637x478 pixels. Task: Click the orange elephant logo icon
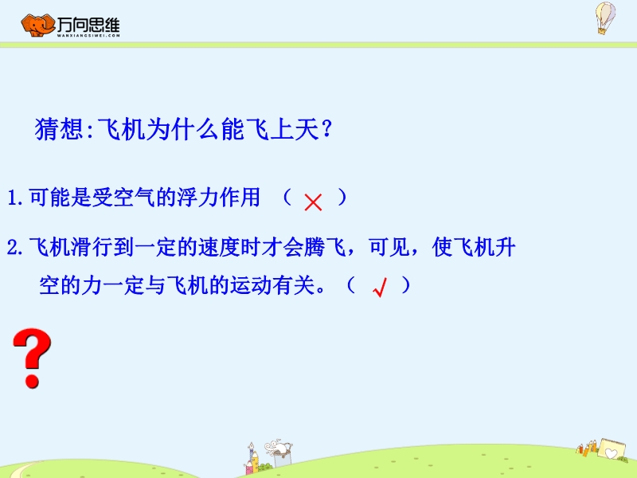pyautogui.click(x=37, y=25)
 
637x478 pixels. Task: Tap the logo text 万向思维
pyautogui.click(x=88, y=25)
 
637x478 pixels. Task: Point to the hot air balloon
pyautogui.click(x=605, y=18)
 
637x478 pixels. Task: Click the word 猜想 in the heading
pyautogui.click(x=59, y=129)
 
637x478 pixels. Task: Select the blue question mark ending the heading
pyautogui.click(x=327, y=129)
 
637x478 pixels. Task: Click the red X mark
pyautogui.click(x=313, y=202)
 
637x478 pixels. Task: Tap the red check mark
pyautogui.click(x=380, y=288)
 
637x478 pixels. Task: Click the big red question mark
pyautogui.click(x=32, y=358)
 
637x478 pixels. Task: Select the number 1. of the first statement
pyautogui.click(x=15, y=198)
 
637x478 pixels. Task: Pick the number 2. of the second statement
pyautogui.click(x=15, y=247)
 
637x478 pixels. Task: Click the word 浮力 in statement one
pyautogui.click(x=197, y=198)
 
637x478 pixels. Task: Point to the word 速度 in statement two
pyautogui.click(x=219, y=247)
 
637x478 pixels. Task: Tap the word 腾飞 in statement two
pyautogui.click(x=325, y=247)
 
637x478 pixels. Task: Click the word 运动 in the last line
pyautogui.click(x=251, y=285)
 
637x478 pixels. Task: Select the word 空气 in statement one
pyautogui.click(x=134, y=198)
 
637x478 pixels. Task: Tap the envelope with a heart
pyautogui.click(x=612, y=449)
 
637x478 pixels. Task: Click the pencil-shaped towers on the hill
pyautogui.click(x=252, y=460)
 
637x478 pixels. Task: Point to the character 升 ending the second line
pyautogui.click(x=506, y=247)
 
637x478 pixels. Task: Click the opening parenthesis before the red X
pyautogui.click(x=287, y=198)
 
